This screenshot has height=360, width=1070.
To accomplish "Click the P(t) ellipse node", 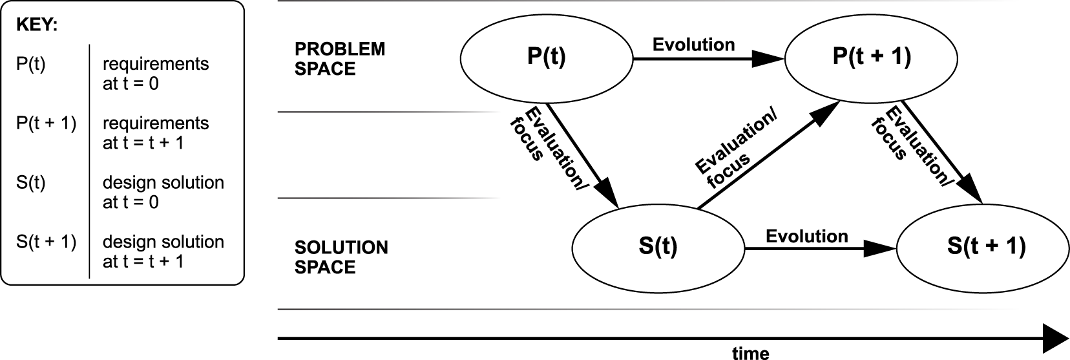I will point(546,58).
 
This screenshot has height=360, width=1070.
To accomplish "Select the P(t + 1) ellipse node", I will point(872,58).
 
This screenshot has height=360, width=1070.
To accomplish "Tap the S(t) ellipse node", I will point(658,248).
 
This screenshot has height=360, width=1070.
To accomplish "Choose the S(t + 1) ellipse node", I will point(986,248).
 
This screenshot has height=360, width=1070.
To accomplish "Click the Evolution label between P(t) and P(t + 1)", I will point(693,45).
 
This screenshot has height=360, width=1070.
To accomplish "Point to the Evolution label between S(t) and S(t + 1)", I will point(806,236).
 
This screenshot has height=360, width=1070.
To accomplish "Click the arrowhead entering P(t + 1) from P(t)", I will point(770,59).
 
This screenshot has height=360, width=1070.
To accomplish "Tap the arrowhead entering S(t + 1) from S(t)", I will point(883,248).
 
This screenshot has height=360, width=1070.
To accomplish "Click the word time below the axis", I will point(750,353).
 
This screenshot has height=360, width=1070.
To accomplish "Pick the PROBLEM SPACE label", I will point(339,59).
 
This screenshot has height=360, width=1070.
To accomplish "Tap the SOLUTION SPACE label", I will point(341,257).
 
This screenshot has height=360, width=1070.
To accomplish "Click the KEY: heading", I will point(36,26).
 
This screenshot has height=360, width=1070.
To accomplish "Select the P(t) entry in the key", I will point(31,65).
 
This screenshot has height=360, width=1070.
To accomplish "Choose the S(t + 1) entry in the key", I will point(46,242).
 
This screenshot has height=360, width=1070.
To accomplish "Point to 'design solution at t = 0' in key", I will point(163,192).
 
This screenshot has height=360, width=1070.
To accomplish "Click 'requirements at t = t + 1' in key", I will point(155,132).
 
